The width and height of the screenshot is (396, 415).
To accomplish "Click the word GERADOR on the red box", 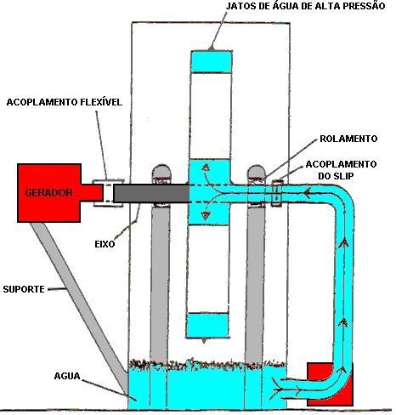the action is [49, 193].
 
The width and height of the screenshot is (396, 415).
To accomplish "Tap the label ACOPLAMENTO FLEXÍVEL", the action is [65, 102].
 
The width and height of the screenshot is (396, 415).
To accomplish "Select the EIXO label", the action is [105, 244].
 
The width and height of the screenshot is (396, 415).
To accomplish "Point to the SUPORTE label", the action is [24, 289].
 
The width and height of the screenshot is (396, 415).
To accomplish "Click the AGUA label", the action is [67, 376].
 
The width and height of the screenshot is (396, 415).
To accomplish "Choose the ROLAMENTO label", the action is [348, 139].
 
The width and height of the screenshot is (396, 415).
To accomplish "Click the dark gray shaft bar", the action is [151, 193].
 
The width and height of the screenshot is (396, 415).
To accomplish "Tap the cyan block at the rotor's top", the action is [211, 62].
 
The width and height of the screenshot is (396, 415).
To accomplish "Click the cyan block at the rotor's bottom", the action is [207, 325].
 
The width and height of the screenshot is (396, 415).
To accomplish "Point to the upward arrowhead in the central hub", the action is [206, 168].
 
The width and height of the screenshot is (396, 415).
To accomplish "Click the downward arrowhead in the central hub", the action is [206, 216].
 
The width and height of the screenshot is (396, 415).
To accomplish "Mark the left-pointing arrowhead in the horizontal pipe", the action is [307, 193].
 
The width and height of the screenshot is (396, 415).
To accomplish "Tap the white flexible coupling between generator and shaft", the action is [108, 193].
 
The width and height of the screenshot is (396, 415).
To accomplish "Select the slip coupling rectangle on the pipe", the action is [277, 193].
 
